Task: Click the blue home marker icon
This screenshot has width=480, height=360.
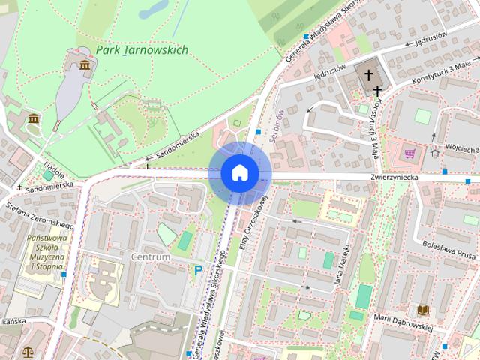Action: tap(239, 172)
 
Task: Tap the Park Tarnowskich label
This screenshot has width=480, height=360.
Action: tap(142, 50)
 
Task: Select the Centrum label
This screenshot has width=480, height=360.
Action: tap(151, 256)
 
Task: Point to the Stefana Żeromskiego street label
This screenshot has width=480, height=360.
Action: tap(39, 214)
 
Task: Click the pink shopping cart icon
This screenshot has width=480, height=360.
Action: tap(409, 154)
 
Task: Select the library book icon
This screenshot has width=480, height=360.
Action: tap(424, 309)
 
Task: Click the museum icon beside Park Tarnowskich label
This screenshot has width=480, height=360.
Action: tap(85, 67)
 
